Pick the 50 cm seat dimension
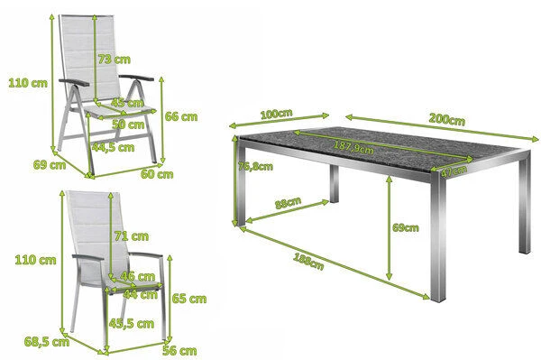click(x=130, y=125)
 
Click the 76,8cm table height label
click(x=253, y=167)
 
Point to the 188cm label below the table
click(x=307, y=262)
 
